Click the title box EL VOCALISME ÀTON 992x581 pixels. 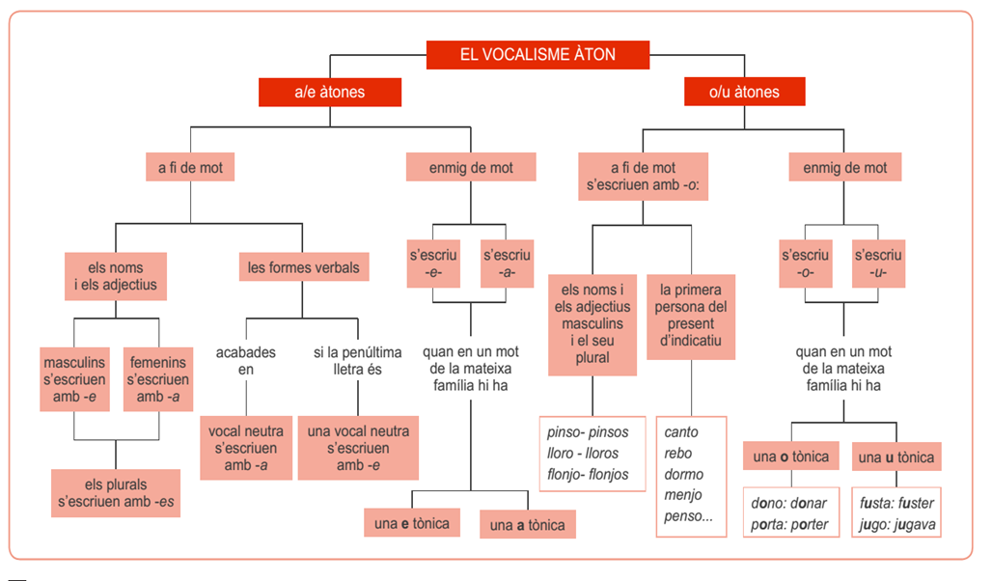tap(537, 54)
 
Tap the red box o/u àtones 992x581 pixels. tap(744, 93)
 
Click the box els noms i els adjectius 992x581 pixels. tap(116, 276)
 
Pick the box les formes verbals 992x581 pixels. tap(303, 267)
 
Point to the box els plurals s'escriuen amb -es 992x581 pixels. tap(116, 492)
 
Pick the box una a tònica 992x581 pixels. tap(527, 525)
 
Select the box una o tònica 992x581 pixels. tap(790, 456)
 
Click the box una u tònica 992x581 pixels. tap(896, 457)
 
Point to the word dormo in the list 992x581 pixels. tap(684, 474)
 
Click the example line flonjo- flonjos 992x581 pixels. tap(589, 474)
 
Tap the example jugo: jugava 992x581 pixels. tap(896, 525)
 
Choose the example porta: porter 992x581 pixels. tap(789, 525)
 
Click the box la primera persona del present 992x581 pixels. tap(690, 317)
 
